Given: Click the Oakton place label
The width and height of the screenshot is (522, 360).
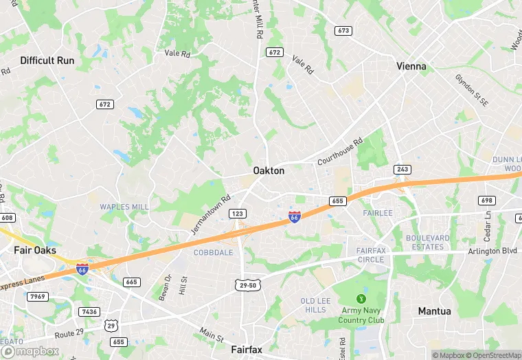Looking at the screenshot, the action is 269,170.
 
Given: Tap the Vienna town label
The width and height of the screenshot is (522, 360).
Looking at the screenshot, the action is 411,67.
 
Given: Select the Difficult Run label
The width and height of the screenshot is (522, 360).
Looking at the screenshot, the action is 47,60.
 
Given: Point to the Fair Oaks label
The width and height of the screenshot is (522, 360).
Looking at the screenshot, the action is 35,250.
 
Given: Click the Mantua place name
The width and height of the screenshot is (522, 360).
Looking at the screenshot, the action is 435,311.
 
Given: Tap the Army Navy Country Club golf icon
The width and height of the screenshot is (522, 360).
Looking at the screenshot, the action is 361,299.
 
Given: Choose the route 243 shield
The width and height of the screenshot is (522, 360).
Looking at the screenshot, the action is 402,169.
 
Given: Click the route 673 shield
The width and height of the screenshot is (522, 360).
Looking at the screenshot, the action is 343,31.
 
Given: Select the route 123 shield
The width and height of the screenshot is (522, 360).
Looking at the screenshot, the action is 238,214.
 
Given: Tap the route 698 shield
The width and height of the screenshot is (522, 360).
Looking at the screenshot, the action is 487,200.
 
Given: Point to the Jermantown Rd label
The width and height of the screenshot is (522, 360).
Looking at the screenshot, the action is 209,214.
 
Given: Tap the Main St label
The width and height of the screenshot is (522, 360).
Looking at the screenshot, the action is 211,335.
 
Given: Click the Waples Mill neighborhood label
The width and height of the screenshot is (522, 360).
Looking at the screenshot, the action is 124,207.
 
